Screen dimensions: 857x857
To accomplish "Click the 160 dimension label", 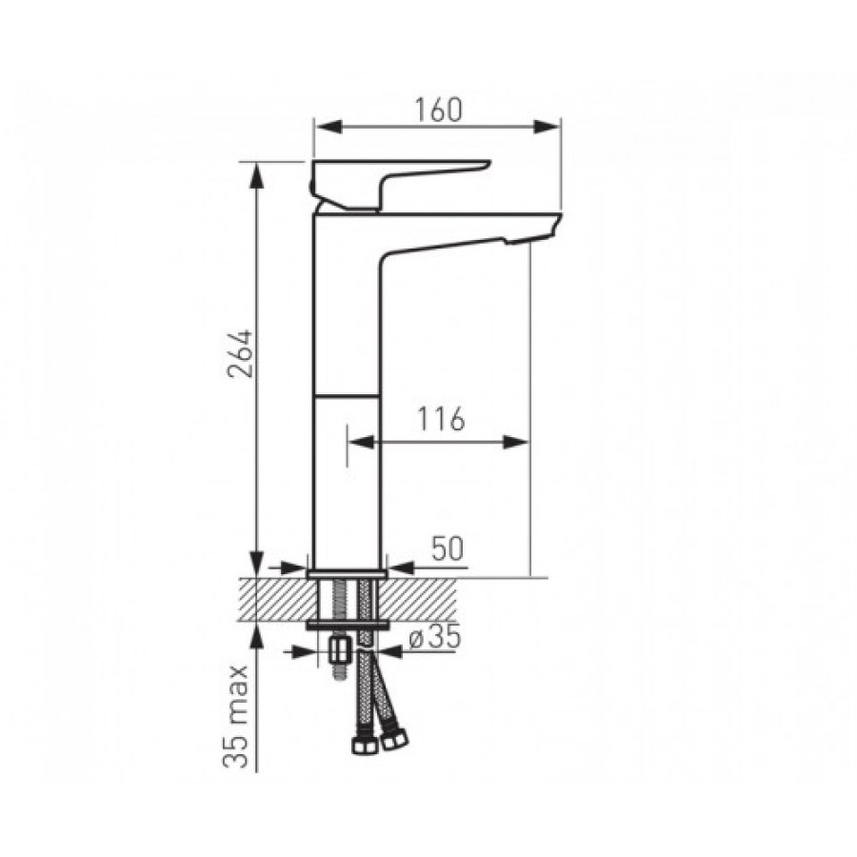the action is pos(438,110).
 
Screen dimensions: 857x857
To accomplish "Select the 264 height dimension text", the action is pos(240,353).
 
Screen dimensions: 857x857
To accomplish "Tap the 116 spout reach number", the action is pos(441,419).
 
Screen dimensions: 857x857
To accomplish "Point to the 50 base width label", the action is pos(448,548).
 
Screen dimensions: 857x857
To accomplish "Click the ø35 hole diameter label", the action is pos(435,637).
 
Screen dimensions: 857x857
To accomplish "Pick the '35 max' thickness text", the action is pos(236,716).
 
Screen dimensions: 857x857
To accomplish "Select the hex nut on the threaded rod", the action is pos(340,650).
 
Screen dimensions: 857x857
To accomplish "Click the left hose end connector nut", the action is pos(363,746).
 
